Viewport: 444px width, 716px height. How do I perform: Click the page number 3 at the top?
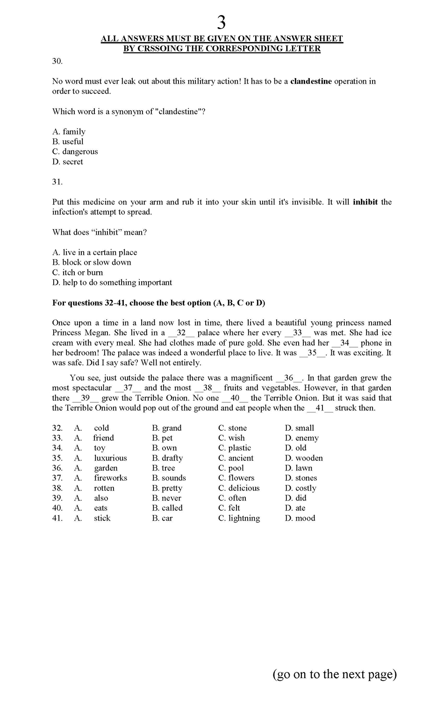pyautogui.click(x=222, y=22)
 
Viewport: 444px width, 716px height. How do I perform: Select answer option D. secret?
pyautogui.click(x=68, y=162)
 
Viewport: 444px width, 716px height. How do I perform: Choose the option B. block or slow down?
pyautogui.click(x=92, y=262)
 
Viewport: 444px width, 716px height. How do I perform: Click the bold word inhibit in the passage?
pyautogui.click(x=365, y=202)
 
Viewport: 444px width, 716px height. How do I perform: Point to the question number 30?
pyautogui.click(x=57, y=61)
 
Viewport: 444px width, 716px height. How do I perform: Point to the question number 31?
pyautogui.click(x=57, y=182)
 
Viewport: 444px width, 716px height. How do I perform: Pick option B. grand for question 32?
pyautogui.click(x=167, y=428)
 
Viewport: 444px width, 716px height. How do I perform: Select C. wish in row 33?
pyautogui.click(x=231, y=438)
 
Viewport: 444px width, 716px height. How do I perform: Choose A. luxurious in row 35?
pyautogui.click(x=110, y=458)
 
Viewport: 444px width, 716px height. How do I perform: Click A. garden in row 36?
pyautogui.click(x=106, y=468)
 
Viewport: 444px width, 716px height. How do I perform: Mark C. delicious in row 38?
pyautogui.click(x=238, y=488)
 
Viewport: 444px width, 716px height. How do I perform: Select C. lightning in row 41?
pyautogui.click(x=239, y=518)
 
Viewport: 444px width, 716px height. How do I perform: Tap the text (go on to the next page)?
pyautogui.click(x=335, y=674)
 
